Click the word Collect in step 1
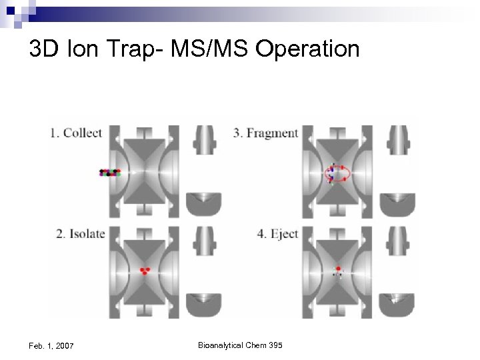[82, 133]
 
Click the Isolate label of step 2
[86, 234]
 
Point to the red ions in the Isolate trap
[144, 271]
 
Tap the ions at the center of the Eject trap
[338, 272]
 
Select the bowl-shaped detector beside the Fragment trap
[397, 204]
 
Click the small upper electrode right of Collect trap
[204, 139]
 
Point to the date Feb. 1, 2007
[51, 345]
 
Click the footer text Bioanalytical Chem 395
[240, 345]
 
